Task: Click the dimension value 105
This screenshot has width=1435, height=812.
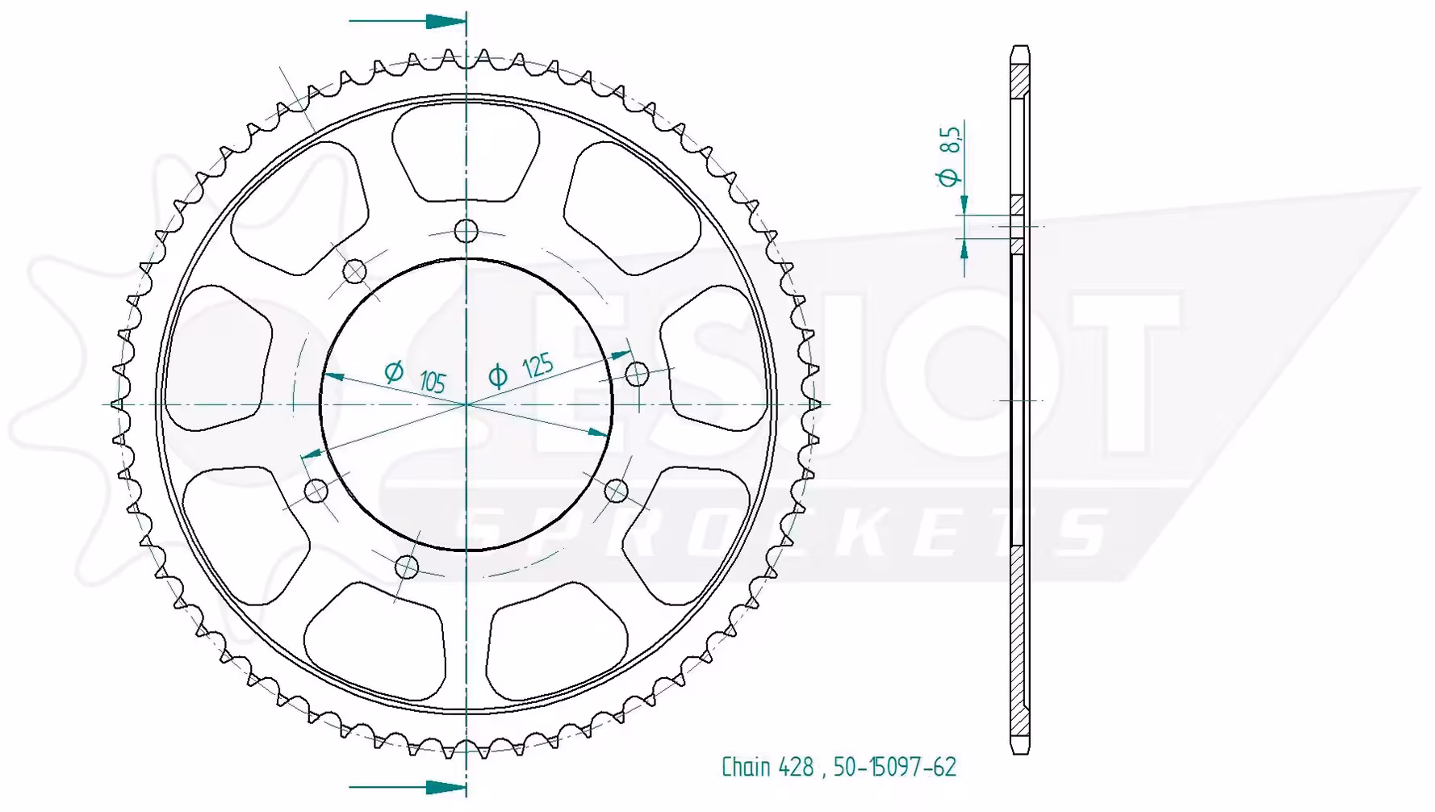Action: [x=433, y=380]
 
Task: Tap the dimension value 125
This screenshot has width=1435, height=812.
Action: [x=538, y=366]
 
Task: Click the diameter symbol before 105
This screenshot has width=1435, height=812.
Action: [x=394, y=371]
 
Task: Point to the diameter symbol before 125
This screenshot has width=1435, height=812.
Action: [x=498, y=376]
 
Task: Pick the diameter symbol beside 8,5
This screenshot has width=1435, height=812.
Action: [x=949, y=176]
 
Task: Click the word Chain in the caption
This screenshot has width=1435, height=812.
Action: [x=747, y=766]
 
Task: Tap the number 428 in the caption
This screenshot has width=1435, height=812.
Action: [x=797, y=767]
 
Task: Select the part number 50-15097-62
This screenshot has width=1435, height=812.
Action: [x=895, y=767]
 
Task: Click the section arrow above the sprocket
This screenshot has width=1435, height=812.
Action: [x=408, y=21]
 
